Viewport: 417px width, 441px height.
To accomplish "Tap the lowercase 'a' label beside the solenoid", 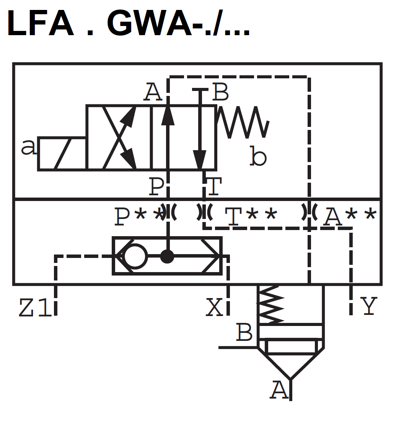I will [28, 148].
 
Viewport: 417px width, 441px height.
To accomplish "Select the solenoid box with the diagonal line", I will [62, 153].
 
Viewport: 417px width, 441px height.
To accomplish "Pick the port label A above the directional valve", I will [153, 93].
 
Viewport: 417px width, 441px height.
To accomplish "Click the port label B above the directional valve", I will [220, 92].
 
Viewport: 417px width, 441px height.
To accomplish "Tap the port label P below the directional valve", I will [156, 187].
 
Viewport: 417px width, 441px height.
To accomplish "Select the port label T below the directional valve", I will [215, 187].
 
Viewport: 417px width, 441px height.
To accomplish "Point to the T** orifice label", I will [251, 217].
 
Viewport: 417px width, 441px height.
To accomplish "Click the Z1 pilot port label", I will [35, 308].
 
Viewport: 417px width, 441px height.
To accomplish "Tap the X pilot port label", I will [214, 307].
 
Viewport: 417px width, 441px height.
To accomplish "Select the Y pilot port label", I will [369, 306].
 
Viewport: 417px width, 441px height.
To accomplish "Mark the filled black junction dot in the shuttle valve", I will [167, 256].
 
